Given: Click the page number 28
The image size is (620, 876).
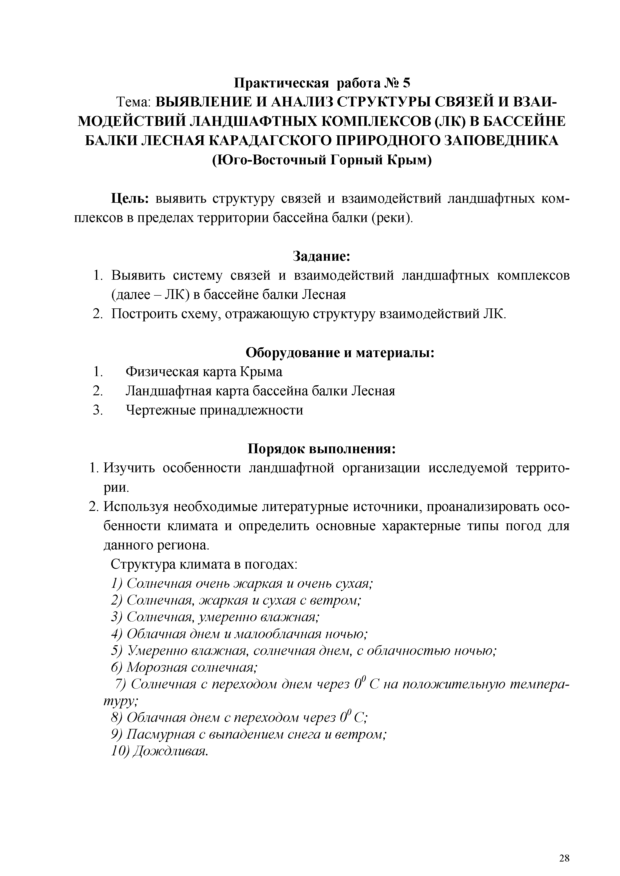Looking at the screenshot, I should [564, 848].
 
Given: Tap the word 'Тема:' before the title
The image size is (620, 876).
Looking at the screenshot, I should [134, 102].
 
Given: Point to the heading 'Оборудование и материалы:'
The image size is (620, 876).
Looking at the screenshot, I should [340, 353].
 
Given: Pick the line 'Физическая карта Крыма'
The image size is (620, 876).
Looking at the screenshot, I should [204, 372].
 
